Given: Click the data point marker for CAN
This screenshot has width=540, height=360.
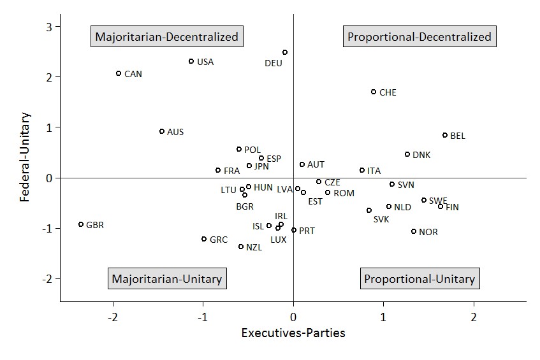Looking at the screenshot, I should click(119, 73).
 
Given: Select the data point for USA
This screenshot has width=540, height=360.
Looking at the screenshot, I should click(191, 61).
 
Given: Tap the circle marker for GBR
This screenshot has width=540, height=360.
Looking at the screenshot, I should click(81, 224).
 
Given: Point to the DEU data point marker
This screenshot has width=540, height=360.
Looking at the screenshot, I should click(285, 52).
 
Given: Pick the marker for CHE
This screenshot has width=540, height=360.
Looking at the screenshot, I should click(374, 92).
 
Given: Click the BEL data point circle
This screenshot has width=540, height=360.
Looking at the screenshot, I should click(445, 135).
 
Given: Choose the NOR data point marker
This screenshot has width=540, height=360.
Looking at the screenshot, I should click(414, 231).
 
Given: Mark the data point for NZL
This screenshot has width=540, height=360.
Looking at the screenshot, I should click(241, 247).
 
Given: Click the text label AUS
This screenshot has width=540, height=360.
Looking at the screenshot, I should click(175, 132).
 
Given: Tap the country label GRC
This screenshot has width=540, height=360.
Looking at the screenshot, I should click(219, 240).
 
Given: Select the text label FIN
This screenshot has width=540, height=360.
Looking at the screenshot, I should click(452, 207).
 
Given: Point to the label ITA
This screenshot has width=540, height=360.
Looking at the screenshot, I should click(374, 171).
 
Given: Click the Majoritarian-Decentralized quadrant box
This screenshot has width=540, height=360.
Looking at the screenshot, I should click(166, 36).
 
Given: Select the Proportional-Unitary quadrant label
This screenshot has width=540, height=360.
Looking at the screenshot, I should click(420, 278).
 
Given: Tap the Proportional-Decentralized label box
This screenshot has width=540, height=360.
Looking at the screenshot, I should click(420, 36).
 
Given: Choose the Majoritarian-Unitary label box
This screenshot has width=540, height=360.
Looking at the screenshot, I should click(166, 278).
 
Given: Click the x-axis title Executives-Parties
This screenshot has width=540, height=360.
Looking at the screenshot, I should click(293, 333).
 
